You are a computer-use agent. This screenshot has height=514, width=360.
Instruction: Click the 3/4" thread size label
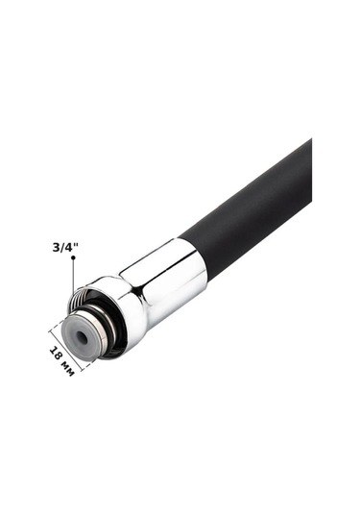point(66,247)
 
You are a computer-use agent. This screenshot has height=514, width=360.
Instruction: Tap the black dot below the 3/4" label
point(73,257)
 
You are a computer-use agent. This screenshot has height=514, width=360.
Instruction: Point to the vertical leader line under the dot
point(73,276)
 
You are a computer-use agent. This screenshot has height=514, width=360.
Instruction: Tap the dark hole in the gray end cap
point(81,336)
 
